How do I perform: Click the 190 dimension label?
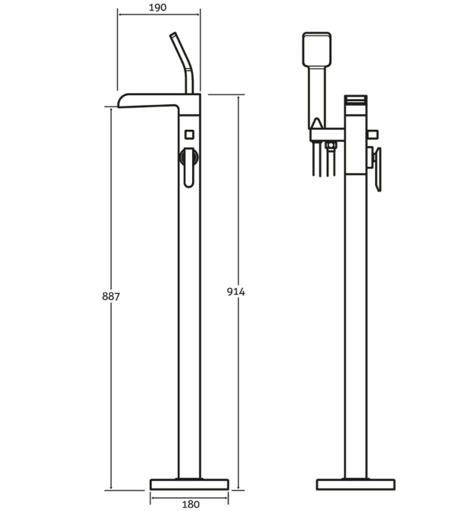pos(159,8)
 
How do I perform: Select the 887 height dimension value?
pos(111,296)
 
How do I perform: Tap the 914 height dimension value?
pos(236,292)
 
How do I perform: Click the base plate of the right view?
pos(356,485)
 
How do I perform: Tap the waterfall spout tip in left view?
pos(126,101)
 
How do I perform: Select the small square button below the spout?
pos(189,135)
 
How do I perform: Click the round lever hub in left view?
pos(189,157)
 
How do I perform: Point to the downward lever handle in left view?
pos(189,175)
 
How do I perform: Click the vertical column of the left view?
pos(190,317)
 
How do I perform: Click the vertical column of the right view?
pos(356,317)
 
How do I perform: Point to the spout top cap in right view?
pos(356,100)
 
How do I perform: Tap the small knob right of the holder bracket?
pos(371,135)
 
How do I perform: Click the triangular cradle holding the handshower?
pos(316,125)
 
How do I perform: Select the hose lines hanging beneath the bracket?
pos(323,160)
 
